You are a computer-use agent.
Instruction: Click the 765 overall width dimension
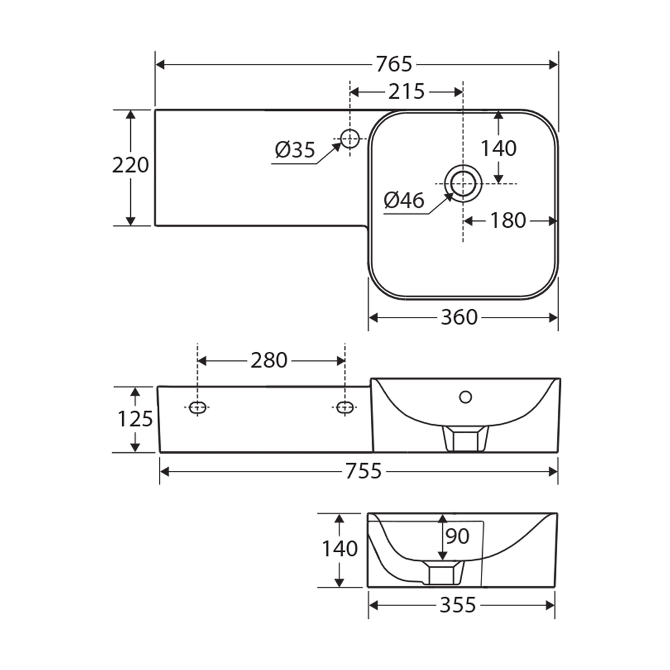click(394, 64)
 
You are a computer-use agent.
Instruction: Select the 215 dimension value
click(406, 92)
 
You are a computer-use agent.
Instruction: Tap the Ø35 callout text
click(295, 150)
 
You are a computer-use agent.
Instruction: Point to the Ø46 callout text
click(404, 200)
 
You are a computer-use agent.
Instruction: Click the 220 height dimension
click(130, 166)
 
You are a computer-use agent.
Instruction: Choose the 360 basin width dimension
click(459, 318)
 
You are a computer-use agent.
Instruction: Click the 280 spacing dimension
click(269, 360)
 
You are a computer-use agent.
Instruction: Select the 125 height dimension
click(135, 420)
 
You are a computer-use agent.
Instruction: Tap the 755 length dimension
click(363, 471)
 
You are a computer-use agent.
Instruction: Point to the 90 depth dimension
click(457, 536)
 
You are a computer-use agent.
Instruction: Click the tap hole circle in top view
click(350, 138)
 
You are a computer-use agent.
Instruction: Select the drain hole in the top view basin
click(463, 184)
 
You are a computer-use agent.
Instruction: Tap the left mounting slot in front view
click(197, 407)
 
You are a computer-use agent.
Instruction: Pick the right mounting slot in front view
click(344, 407)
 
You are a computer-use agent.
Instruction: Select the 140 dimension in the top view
click(499, 149)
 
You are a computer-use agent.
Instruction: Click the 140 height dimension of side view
click(339, 549)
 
